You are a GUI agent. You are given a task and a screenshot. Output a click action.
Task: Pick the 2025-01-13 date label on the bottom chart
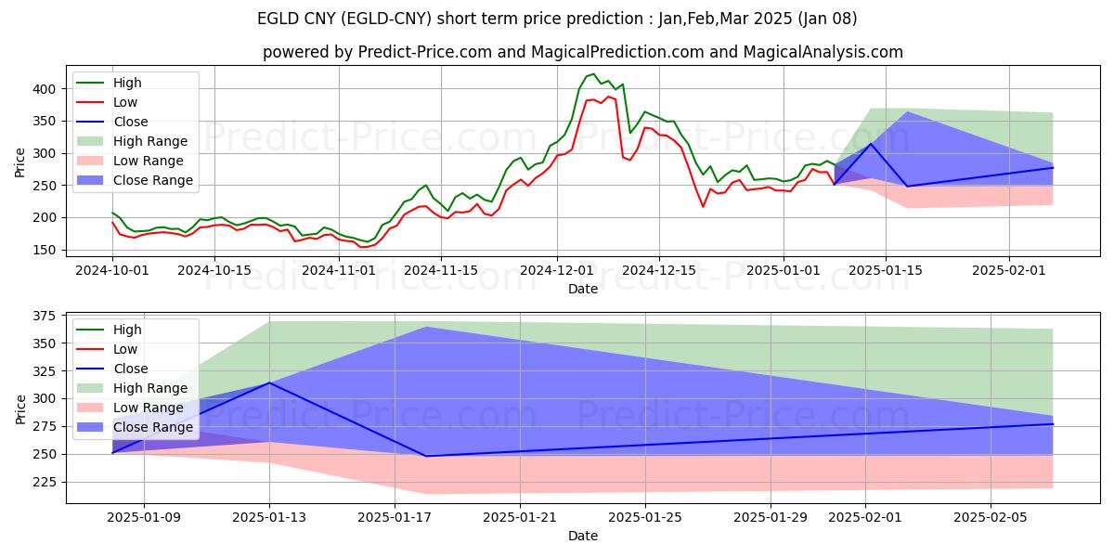tap(269, 518)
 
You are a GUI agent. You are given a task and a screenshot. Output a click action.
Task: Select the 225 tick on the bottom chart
tap(44, 482)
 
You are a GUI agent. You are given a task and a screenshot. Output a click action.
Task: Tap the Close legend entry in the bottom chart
tap(131, 369)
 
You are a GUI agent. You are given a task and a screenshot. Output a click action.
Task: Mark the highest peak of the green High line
tap(592, 74)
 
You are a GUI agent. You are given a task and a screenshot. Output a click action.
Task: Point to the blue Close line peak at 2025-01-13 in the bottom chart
tap(269, 382)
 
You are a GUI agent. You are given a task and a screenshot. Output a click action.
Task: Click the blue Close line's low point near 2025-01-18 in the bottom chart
tap(426, 456)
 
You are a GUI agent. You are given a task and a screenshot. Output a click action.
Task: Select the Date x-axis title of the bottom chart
tap(583, 536)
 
